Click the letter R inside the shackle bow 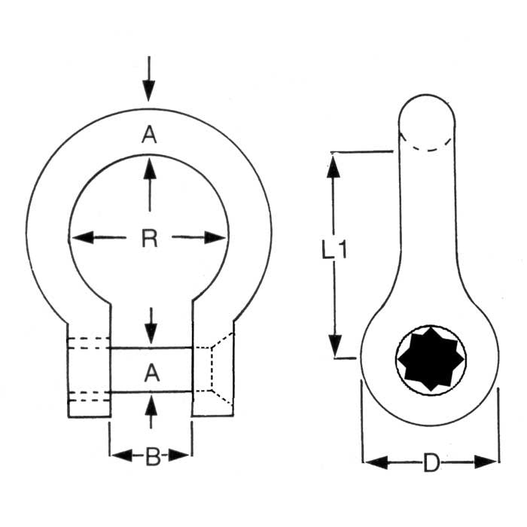tap(149, 239)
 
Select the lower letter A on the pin tap(151, 371)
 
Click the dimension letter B tap(152, 456)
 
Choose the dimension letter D tap(431, 463)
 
